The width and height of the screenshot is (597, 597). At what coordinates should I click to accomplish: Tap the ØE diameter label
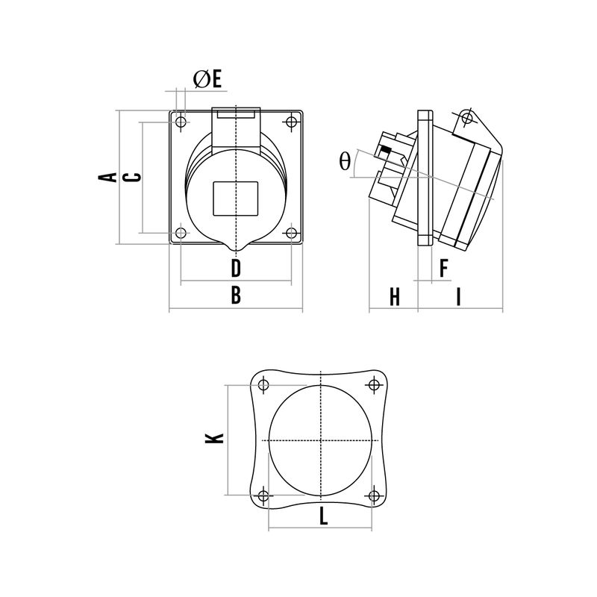point(207,80)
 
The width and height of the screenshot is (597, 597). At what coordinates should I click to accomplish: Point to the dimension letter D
point(236,268)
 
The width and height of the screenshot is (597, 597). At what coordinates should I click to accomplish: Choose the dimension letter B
point(236,295)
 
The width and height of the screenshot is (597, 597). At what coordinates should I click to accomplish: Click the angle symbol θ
point(345,161)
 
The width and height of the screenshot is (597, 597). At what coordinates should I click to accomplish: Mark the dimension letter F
point(443,268)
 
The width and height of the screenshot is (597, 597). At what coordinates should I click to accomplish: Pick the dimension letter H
point(395,297)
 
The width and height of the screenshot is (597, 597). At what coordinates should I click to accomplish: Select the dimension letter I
point(459,297)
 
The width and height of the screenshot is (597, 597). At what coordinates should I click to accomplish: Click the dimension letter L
point(323,516)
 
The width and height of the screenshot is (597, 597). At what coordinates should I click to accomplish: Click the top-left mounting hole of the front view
point(181,122)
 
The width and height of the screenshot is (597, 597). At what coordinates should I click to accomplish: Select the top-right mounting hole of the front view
point(291,122)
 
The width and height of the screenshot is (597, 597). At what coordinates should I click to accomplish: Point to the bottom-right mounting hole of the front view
point(291,233)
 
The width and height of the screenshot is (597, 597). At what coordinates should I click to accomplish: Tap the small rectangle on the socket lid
point(236,199)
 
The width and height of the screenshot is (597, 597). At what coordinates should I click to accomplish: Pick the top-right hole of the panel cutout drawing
point(375,385)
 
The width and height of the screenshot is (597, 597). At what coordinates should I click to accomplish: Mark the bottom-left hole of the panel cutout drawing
point(263,496)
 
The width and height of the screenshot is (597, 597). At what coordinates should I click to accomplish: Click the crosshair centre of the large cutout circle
point(322,440)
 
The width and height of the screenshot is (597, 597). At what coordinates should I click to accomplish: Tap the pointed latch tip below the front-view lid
point(236,251)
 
